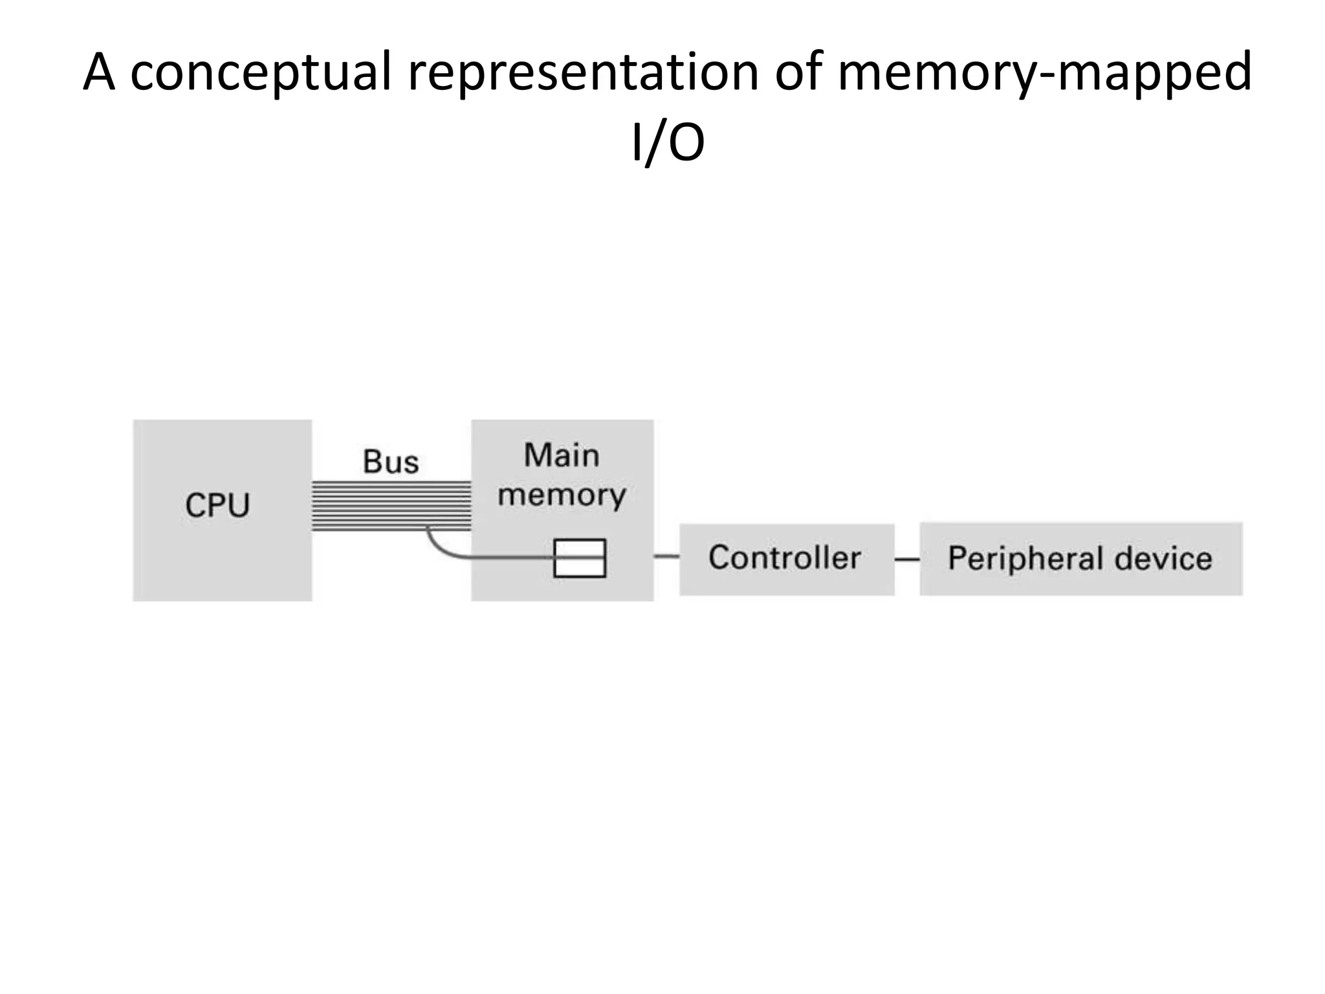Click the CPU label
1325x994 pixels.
tap(217, 505)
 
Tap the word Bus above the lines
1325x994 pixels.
tap(391, 462)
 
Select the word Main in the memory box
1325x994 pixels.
tap(562, 455)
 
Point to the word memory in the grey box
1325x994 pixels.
tap(562, 496)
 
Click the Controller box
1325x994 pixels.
tap(786, 559)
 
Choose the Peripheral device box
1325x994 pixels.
tap(1080, 559)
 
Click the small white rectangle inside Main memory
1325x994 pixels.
tap(580, 558)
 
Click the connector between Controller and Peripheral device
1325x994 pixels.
tap(907, 560)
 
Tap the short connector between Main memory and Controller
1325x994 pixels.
tap(666, 556)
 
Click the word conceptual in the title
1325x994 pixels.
tap(261, 72)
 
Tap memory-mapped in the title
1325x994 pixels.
tap(1044, 72)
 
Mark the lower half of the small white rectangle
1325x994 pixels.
tap(580, 568)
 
